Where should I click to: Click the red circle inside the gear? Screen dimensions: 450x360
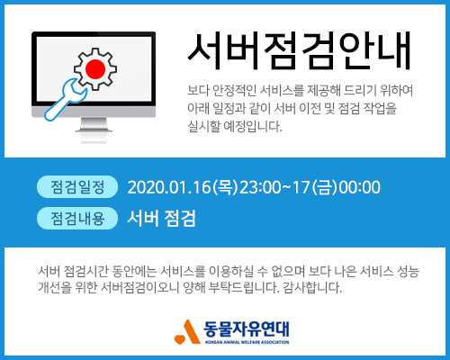pyautogui.click(x=95, y=69)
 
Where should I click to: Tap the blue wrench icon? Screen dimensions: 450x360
pyautogui.click(x=66, y=100)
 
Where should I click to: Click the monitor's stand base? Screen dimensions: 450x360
pyautogui.click(x=94, y=130)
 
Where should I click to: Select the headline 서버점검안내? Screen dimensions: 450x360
pyautogui.click(x=299, y=50)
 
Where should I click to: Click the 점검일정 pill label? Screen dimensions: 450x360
pyautogui.click(x=77, y=187)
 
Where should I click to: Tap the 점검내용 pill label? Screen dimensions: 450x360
pyautogui.click(x=77, y=218)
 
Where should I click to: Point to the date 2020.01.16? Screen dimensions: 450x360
pyautogui.click(x=169, y=187)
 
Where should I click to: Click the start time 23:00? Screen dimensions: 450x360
pyautogui.click(x=259, y=187)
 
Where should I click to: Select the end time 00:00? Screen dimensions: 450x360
pyautogui.click(x=359, y=187)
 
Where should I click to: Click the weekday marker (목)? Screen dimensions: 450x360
pyautogui.click(x=225, y=187)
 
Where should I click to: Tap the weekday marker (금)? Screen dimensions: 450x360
pyautogui.click(x=325, y=187)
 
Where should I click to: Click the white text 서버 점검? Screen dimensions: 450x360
pyautogui.click(x=161, y=218)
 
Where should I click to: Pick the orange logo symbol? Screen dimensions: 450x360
pyautogui.click(x=187, y=331)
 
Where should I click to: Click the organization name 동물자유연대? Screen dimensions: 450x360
pyautogui.click(x=247, y=329)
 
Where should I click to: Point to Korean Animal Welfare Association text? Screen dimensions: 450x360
pyautogui.click(x=247, y=342)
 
